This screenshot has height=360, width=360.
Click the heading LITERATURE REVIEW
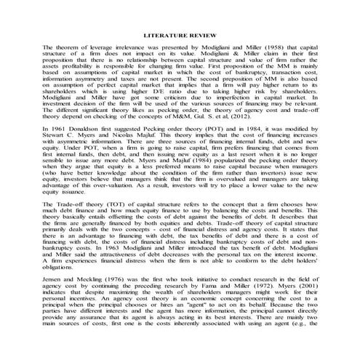(x=179, y=34)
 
